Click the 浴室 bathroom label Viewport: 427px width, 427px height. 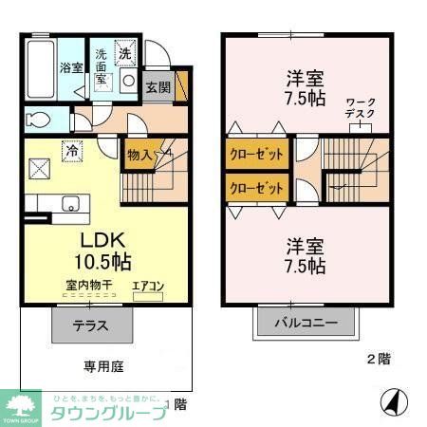click(x=71, y=67)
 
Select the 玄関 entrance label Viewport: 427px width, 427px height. click(x=158, y=87)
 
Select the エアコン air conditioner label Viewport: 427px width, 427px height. click(x=147, y=285)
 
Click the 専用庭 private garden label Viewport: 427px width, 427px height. click(x=102, y=366)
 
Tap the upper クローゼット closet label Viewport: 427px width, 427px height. click(x=257, y=152)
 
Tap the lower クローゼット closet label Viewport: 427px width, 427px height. click(x=257, y=188)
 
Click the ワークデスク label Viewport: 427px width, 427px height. click(x=361, y=107)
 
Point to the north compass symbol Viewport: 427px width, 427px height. click(x=390, y=401)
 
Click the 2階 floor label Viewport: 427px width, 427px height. click(x=378, y=359)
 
